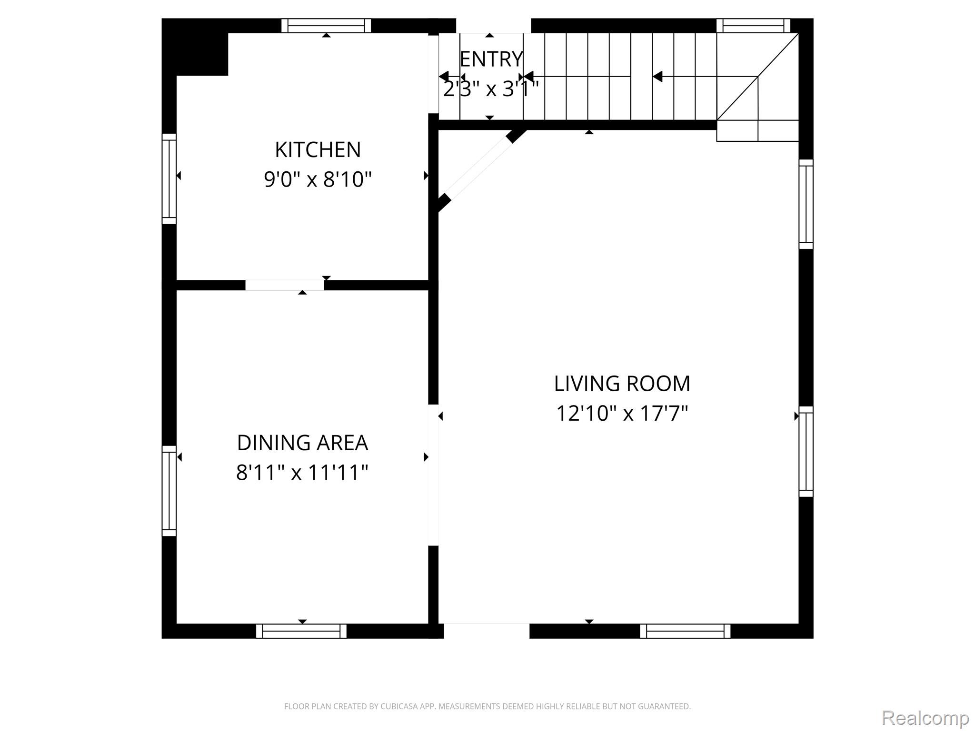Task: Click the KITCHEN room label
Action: [x=318, y=149]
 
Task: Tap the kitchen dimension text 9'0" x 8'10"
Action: [x=318, y=179]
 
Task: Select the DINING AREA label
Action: [x=302, y=443]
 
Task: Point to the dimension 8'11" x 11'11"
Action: [x=302, y=473]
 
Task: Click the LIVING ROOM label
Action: [x=622, y=383]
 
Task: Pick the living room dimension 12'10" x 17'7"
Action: [x=622, y=413]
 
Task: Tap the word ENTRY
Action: [x=491, y=59]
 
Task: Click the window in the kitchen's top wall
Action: [x=326, y=26]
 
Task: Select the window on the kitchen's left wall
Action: [x=169, y=178]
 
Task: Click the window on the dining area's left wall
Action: [x=169, y=491]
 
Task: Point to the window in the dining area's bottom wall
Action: [x=301, y=631]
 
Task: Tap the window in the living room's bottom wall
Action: [x=685, y=631]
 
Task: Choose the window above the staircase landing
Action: [x=753, y=26]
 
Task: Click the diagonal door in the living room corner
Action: [x=482, y=170]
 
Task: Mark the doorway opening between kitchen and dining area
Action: [x=285, y=285]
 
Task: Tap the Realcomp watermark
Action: [x=925, y=718]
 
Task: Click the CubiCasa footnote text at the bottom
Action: [x=487, y=706]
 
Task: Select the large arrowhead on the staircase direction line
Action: [x=657, y=76]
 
